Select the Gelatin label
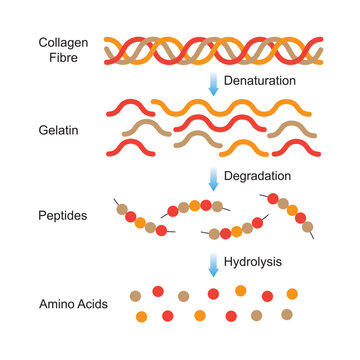[59, 130]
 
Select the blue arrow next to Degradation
[212, 178]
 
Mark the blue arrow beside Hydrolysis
[212, 265]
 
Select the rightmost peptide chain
[290, 216]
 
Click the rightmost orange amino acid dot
[292, 294]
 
